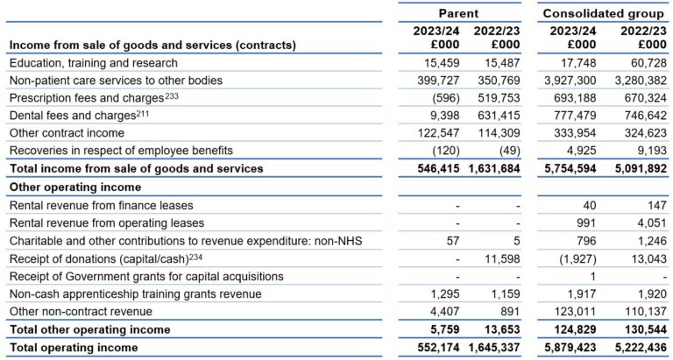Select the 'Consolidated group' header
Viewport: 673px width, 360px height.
click(x=604, y=13)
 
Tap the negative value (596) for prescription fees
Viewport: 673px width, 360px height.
click(x=443, y=97)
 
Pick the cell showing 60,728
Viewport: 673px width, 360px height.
click(x=644, y=62)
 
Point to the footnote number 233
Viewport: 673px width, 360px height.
click(x=174, y=95)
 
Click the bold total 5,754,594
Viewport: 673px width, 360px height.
click(x=570, y=168)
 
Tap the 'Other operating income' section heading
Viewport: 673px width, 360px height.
click(x=74, y=187)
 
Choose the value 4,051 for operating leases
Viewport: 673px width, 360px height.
click(x=649, y=222)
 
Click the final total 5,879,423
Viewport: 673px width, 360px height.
click(x=570, y=348)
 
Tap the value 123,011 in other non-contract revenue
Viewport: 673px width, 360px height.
click(x=575, y=312)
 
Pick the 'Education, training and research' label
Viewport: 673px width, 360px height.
click(x=93, y=62)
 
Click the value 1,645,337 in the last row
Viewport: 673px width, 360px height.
click(x=497, y=348)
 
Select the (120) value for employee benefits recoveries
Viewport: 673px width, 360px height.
click(x=443, y=151)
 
